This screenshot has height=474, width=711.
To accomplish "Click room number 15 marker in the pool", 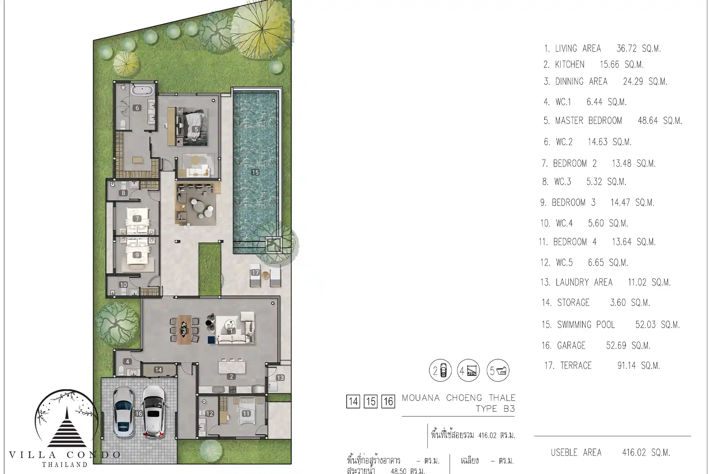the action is [x=255, y=172].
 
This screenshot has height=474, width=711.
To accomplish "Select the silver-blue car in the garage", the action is [x=123, y=411].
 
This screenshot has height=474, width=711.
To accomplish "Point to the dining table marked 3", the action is [x=184, y=330].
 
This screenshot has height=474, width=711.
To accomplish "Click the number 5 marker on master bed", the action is [x=196, y=130].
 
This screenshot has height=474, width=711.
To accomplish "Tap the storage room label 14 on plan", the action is [x=158, y=370].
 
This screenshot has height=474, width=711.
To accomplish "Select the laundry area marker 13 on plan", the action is [x=280, y=378].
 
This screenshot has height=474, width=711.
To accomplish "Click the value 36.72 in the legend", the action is [x=628, y=49].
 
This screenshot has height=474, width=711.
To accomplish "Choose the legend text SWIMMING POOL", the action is [x=586, y=325].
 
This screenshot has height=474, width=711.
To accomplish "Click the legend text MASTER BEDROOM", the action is [x=588, y=121].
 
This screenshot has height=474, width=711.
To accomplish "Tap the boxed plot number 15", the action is [x=371, y=402].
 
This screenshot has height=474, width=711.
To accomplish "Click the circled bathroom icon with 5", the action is [x=498, y=370].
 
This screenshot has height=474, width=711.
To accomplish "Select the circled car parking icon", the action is [x=440, y=370].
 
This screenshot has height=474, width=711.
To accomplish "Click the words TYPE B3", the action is [x=495, y=409].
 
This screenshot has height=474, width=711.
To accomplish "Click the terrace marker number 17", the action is [x=255, y=273].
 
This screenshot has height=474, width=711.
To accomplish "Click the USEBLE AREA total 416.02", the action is [x=646, y=453].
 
